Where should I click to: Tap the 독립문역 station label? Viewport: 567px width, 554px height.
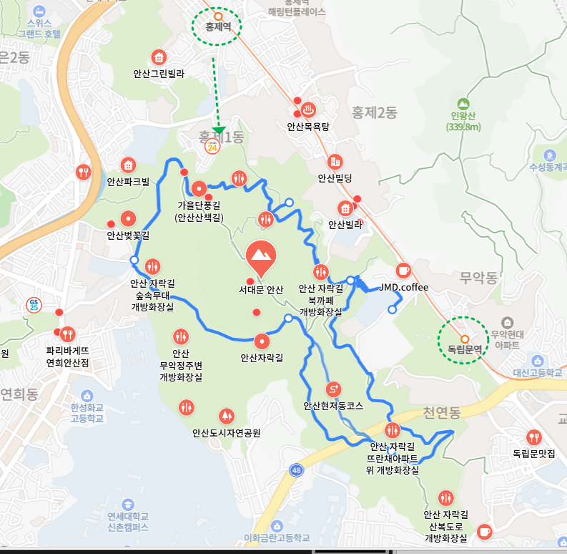coord(460,349)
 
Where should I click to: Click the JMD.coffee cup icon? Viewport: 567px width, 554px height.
coord(404,270)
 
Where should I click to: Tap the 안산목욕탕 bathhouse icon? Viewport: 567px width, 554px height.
coord(308,110)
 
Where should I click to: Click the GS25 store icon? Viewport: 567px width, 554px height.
coord(33,303)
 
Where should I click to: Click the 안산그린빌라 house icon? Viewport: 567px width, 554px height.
coord(159,57)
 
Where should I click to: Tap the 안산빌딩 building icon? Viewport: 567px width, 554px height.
coord(335,162)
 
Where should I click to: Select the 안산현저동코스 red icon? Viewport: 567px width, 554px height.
coord(333,389)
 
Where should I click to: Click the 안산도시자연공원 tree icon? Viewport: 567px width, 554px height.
coord(226,415)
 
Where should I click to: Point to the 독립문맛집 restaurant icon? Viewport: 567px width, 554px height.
coord(533,437)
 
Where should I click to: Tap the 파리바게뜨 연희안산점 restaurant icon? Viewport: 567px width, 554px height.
coord(67,334)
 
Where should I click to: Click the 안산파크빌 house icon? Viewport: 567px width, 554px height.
coord(128,165)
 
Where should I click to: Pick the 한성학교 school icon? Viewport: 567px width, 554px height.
coord(87,396)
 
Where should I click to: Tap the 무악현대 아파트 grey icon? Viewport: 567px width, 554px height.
coord(508,323)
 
